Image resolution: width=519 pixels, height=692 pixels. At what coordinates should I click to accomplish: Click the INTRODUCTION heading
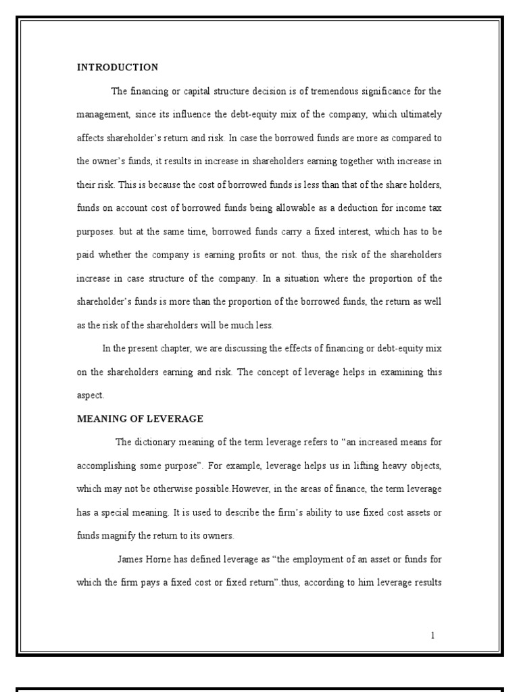pyautogui.click(x=118, y=68)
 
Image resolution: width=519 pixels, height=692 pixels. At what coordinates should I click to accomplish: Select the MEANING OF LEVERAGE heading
pyautogui.click(x=140, y=419)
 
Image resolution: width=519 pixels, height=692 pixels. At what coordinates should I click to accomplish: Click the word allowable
pyautogui.click(x=287, y=208)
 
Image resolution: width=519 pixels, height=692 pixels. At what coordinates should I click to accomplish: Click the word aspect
pyautogui.click(x=90, y=396)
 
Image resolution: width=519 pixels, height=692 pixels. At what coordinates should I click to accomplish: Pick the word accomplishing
pyautogui.click(x=107, y=466)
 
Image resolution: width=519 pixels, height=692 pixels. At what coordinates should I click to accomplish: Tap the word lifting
pyautogui.click(x=345, y=466)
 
